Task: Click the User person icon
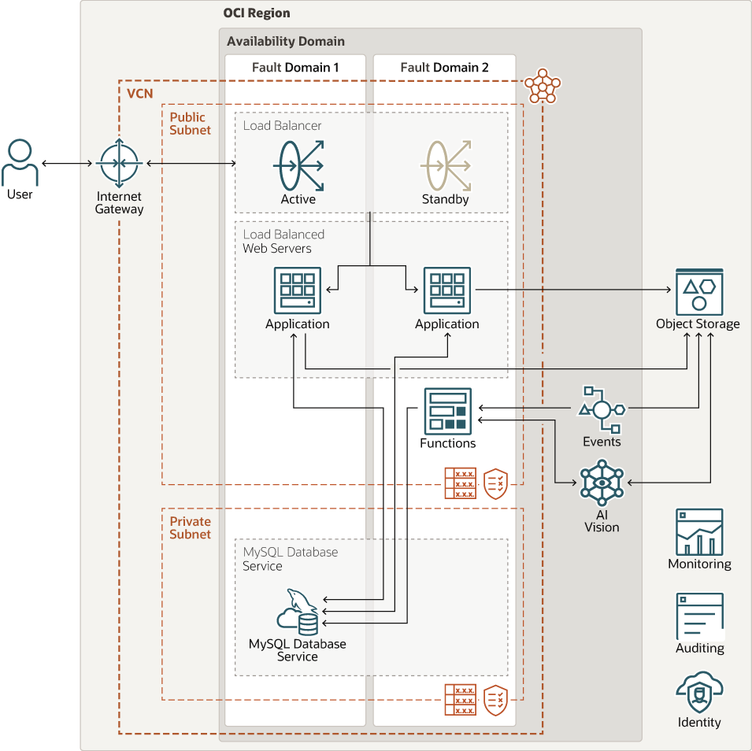[x=20, y=163]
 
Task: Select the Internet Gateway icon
[x=119, y=164]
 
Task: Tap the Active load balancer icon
[x=298, y=165]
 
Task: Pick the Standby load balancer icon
[x=446, y=165]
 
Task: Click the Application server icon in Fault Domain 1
[x=298, y=290]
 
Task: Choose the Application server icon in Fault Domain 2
[x=447, y=290]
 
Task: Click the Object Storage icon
[x=698, y=291]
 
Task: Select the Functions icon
[x=447, y=411]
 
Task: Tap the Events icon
[x=602, y=409]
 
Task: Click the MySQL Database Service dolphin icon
[x=298, y=612]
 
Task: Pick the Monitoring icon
[x=699, y=532]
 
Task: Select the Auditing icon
[x=699, y=616]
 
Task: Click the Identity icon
[x=699, y=692]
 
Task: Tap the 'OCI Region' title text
[x=257, y=13]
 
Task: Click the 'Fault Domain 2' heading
[x=444, y=68]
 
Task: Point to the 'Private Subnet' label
[x=191, y=527]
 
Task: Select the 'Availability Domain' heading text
[x=286, y=41]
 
